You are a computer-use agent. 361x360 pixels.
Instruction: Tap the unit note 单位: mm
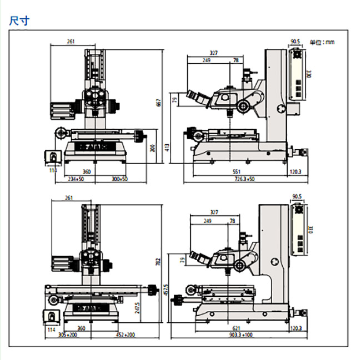pyautogui.click(x=322, y=42)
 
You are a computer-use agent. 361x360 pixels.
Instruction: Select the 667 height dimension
pyautogui.click(x=158, y=104)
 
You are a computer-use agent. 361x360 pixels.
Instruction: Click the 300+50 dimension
pyautogui.click(x=119, y=179)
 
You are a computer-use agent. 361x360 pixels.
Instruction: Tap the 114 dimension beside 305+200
pyautogui.click(x=52, y=329)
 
